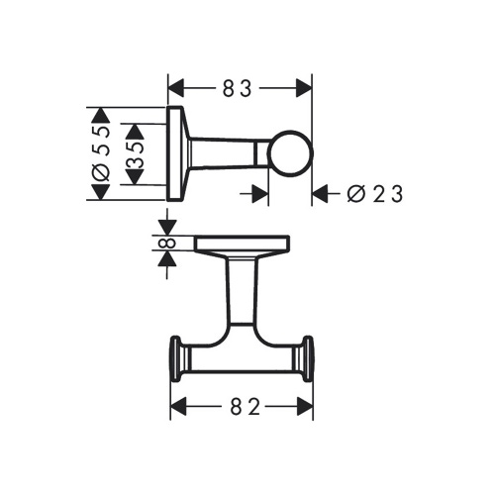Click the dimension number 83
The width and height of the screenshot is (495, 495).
coord(241,88)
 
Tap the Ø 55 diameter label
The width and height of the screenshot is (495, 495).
coord(100,153)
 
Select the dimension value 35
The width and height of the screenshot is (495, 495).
coord(137,154)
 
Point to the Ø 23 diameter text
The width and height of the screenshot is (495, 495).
coord(375,194)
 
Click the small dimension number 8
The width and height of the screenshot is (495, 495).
coord(166,244)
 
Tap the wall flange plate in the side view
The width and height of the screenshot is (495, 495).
coord(175,153)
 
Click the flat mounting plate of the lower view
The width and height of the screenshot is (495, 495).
coord(242,244)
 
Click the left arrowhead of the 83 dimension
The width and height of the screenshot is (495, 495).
coord(176,88)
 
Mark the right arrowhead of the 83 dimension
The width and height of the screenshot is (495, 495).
coord(305,88)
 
